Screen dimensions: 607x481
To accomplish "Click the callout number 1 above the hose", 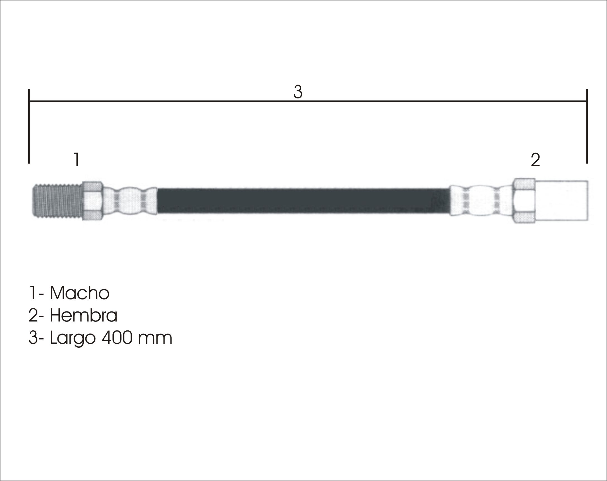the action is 76,159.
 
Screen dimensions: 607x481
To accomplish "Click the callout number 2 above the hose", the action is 535,160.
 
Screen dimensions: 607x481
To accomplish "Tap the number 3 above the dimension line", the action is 298,92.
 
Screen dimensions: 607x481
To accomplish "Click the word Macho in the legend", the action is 80,293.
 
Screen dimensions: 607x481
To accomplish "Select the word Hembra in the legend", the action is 84,315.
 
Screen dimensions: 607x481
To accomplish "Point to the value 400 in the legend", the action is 117,338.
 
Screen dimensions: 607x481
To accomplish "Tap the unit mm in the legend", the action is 155,339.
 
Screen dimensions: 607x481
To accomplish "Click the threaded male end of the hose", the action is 57,200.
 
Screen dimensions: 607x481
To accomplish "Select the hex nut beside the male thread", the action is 93,201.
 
